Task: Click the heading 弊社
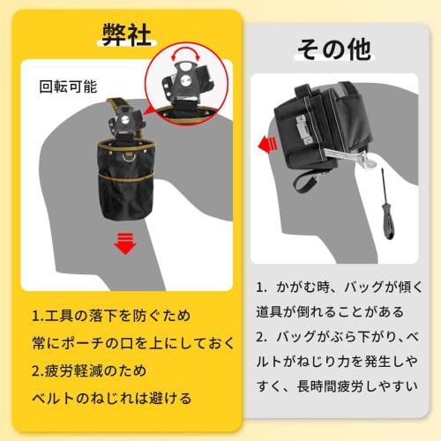pyautogui.click(x=127, y=34)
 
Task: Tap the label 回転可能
pyautogui.click(x=68, y=86)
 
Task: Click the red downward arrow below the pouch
pyautogui.click(x=125, y=243)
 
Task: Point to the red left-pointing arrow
pyautogui.click(x=268, y=144)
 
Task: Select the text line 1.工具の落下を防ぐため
pyautogui.click(x=111, y=316)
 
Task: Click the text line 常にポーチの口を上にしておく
pyautogui.click(x=133, y=343)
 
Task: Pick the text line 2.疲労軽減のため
pyautogui.click(x=89, y=370)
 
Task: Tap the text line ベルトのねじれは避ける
pyautogui.click(x=112, y=398)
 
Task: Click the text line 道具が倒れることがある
pyautogui.click(x=330, y=312)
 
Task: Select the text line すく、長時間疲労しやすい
pyautogui.click(x=337, y=386)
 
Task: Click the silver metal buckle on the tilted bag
pyautogui.click(x=303, y=130)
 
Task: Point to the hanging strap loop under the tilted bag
pyautogui.click(x=305, y=182)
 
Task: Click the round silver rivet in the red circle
pyautogui.click(x=185, y=79)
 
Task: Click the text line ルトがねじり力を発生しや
pyautogui.click(x=337, y=362)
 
